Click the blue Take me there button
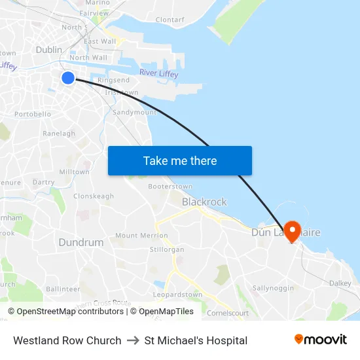point(179,160)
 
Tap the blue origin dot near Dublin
point(68,78)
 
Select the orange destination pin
point(291,230)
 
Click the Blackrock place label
point(204,202)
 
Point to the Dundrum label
point(81,242)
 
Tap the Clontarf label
point(170,20)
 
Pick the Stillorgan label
point(167,249)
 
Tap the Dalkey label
point(340,283)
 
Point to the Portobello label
point(33,114)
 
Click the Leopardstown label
point(190,294)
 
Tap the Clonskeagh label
point(94,196)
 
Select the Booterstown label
point(170,187)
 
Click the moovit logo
point(321,339)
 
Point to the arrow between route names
point(133,340)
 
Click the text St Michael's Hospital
point(196,340)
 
